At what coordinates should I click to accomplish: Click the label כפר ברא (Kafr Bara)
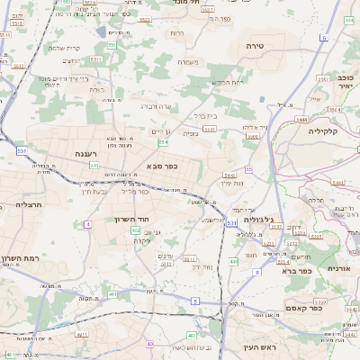click(296, 270)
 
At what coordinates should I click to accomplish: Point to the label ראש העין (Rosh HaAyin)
click(262, 346)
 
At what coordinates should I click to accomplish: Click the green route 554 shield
click(163, 142)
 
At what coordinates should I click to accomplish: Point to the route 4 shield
click(88, 222)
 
